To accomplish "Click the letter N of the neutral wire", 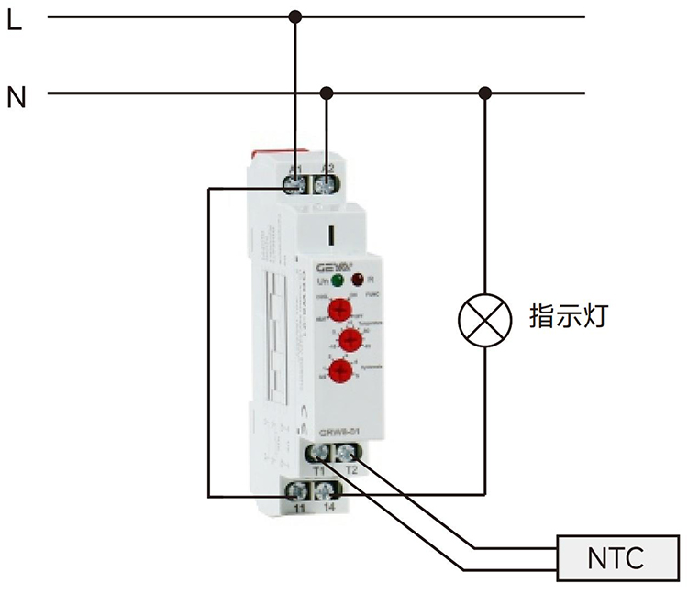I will (16, 96).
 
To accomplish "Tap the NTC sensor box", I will (615, 556).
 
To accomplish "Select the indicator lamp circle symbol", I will (484, 322).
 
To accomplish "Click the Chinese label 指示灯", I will (569, 318).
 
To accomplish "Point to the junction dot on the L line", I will (294, 16).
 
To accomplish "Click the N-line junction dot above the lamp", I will (485, 93).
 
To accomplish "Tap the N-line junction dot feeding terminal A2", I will (327, 93).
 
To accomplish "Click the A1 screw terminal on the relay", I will (295, 184).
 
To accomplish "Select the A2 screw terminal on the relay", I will (326, 184).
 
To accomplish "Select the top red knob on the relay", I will (340, 310).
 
